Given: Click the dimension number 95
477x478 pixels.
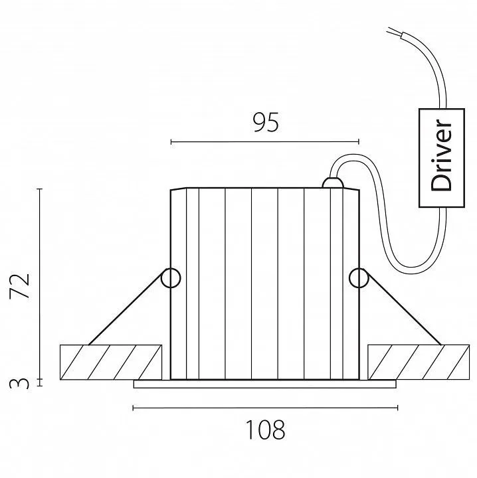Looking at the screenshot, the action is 266,122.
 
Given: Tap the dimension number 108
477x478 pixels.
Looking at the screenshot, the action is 265,430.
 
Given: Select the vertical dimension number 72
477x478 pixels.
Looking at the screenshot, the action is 19,286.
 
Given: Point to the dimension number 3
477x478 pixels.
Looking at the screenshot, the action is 19,383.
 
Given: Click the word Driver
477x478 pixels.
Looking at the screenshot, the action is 440,155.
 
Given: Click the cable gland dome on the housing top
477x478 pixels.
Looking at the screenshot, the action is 333,183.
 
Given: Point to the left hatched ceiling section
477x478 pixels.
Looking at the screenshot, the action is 111,362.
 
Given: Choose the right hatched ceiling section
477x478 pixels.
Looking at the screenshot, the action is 419,362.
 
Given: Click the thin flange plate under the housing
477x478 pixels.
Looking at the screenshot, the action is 264,384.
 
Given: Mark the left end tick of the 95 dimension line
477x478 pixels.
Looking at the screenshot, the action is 171,142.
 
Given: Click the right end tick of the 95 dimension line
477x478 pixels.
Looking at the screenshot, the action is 359,142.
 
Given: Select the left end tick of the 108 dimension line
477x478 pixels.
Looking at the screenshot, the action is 134,408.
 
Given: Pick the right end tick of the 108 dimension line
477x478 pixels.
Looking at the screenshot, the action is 397,408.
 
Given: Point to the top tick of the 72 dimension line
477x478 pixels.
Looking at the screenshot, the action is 40,189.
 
